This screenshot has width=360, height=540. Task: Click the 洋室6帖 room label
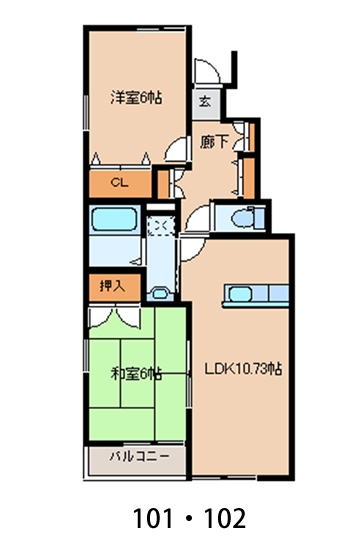(136, 98)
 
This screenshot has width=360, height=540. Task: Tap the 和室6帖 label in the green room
(136, 374)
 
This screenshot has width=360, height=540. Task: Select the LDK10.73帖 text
(243, 369)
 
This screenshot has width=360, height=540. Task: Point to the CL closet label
(119, 183)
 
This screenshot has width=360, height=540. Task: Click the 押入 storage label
(112, 286)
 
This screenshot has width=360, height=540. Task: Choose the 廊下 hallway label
(214, 142)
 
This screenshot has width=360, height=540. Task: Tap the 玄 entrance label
(205, 102)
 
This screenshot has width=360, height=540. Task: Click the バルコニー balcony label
(140, 457)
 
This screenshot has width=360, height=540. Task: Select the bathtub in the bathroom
(114, 219)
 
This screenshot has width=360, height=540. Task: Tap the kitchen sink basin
(240, 294)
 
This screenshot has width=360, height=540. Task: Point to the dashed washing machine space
(161, 226)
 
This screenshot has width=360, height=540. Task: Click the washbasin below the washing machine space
(160, 293)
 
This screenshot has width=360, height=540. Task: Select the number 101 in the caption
(153, 518)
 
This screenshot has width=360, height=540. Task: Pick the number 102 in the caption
(225, 518)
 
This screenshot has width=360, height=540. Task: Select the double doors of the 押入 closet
(115, 316)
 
